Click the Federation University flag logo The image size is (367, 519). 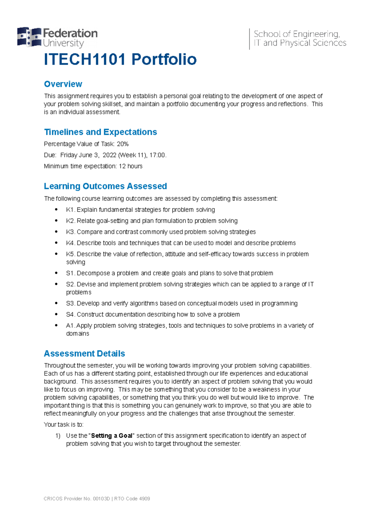point(29,37)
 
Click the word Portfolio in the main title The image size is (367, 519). point(164,59)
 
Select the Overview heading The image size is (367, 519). point(63,84)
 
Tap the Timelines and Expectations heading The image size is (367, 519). point(100,132)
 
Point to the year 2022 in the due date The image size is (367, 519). point(109,155)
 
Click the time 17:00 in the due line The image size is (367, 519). point(157,155)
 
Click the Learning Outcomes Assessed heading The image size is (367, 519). point(105,186)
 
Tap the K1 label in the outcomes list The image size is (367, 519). point(70,210)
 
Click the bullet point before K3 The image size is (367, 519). point(56,232)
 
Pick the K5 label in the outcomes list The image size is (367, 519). point(70,254)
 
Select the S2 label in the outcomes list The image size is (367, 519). point(70,284)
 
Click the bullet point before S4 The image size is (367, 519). point(56,314)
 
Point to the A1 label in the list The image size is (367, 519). point(70,326)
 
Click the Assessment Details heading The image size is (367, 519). point(84,354)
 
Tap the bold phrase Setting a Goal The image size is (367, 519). point(112,436)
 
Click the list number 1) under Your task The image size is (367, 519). point(58,436)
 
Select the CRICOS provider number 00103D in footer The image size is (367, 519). point(101,499)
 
